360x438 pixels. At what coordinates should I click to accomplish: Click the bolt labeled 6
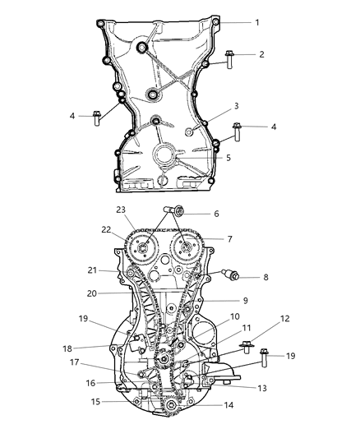coord(174,213)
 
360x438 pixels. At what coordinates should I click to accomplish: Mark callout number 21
coord(94,270)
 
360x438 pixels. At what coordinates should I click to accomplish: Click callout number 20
coord(94,293)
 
